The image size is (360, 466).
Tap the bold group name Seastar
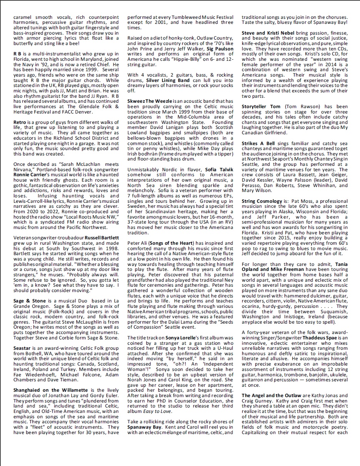click(x=22, y=347)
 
